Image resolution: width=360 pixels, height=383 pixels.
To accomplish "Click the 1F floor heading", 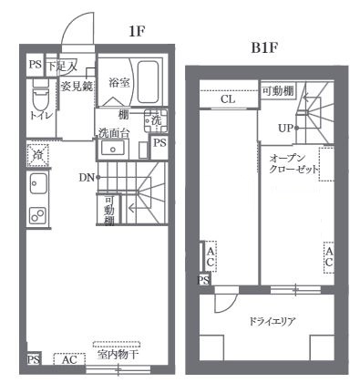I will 138,31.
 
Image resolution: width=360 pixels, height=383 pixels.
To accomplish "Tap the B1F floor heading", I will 264,46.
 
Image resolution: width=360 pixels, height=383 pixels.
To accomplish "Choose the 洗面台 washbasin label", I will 113,133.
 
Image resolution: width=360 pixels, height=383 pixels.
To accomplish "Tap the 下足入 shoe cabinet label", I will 62,66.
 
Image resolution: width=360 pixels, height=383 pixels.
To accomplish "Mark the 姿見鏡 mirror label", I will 77,86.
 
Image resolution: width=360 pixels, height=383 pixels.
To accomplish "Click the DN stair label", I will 87,176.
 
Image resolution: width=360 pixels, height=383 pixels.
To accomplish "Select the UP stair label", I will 284,129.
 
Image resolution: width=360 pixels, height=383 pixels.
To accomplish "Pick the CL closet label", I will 228,99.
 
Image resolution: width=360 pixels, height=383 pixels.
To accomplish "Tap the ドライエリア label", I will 269,321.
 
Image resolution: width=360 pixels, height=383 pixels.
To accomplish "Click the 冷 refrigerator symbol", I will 37,155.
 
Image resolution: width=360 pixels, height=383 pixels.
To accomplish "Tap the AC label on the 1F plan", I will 69,359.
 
